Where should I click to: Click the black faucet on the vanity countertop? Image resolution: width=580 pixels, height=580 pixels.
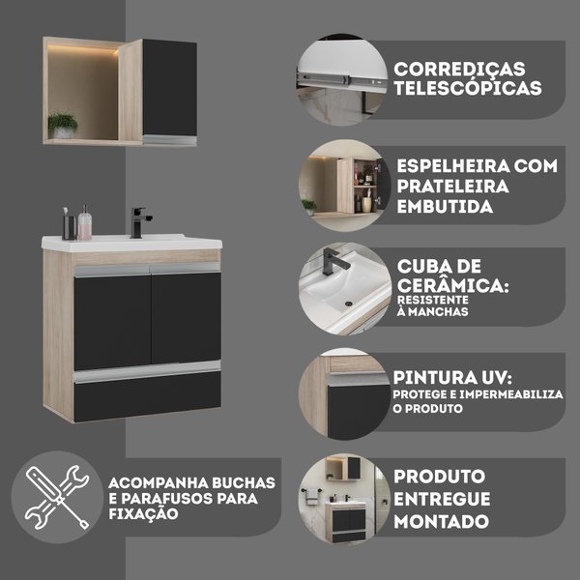click(138, 222)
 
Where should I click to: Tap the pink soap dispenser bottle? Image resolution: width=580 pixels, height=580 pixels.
click(85, 223)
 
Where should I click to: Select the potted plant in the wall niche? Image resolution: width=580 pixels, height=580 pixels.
click(63, 126)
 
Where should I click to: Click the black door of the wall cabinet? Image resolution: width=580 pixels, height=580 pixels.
click(169, 88)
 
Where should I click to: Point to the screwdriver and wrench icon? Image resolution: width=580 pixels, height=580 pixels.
click(57, 497)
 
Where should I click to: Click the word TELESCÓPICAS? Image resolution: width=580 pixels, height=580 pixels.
click(468, 88)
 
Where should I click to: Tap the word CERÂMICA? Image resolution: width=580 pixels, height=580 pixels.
click(452, 285)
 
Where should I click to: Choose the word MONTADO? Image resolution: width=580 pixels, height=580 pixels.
click(442, 522)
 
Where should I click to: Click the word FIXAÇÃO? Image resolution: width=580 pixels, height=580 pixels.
click(143, 513)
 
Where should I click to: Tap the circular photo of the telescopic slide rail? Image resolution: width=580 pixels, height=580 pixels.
click(342, 80)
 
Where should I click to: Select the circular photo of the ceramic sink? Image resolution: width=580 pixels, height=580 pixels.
click(345, 289)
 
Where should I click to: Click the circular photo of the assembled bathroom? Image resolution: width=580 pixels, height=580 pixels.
click(344, 499)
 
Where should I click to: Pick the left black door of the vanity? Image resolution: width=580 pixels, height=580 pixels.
click(112, 322)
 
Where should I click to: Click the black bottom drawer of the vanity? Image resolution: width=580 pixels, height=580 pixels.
click(148, 395)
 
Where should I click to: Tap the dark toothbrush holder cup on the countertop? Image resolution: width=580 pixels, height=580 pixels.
click(70, 227)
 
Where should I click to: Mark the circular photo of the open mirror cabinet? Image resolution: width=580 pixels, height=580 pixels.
click(345, 186)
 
